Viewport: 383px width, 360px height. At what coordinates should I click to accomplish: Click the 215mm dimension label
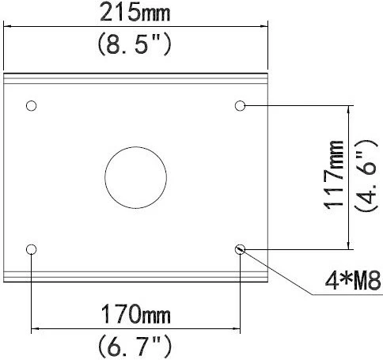point(135,13)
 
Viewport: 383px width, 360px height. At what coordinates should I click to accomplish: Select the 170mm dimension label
point(135,314)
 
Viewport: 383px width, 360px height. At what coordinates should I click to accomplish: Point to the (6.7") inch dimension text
point(135,346)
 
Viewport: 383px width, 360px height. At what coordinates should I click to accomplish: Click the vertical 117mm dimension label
point(333,176)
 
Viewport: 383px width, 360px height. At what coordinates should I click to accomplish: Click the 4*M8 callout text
point(353,280)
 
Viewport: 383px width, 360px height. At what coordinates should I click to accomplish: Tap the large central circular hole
point(135,147)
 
